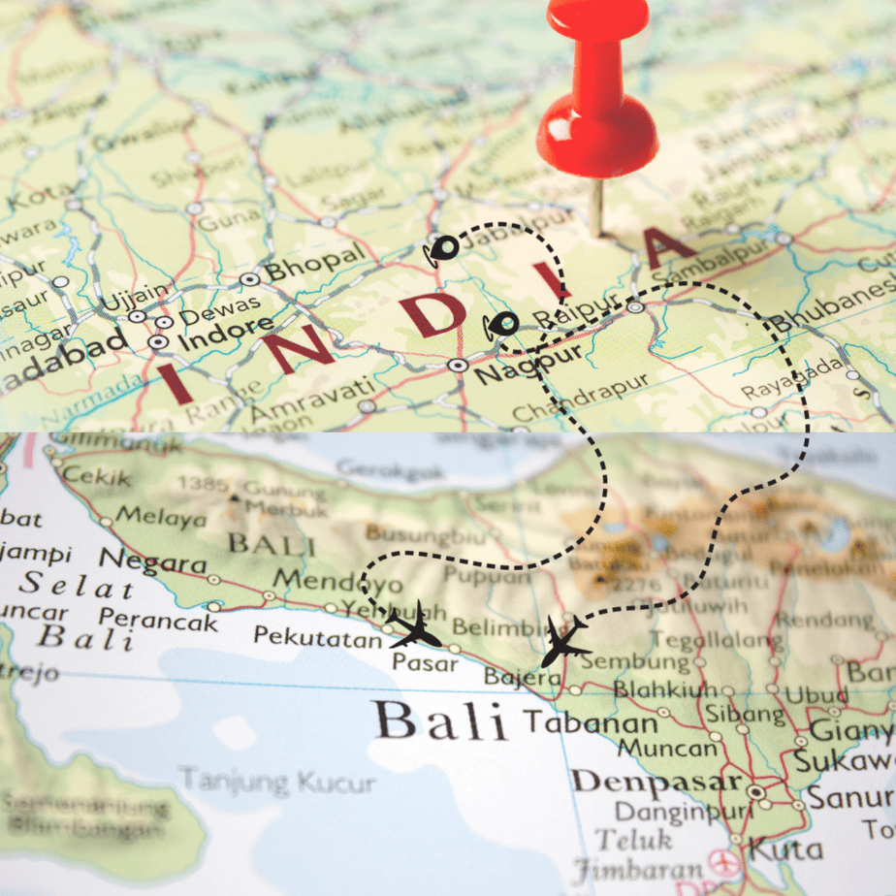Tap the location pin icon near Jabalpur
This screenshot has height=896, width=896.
(444, 249)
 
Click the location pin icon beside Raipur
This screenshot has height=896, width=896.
(502, 326)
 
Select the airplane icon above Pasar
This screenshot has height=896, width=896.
(415, 627)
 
